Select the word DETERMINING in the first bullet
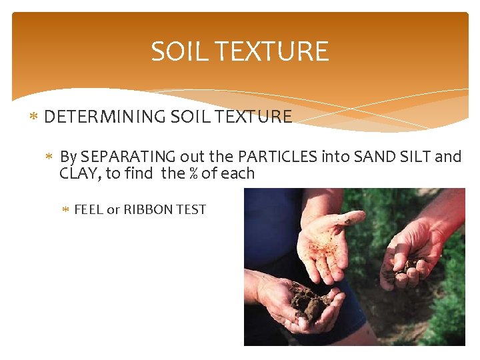click(105, 117)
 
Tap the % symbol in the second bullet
click(193, 173)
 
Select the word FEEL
click(89, 209)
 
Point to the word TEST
click(192, 209)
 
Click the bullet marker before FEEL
click(65, 210)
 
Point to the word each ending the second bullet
click(238, 173)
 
